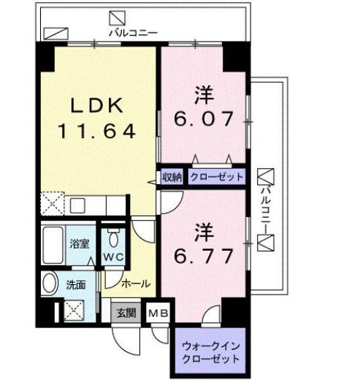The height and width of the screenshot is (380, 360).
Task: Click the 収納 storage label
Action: point(172,177)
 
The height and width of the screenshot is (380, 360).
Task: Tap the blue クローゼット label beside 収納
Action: point(216,177)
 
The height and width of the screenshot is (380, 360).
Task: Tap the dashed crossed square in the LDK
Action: point(53,202)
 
